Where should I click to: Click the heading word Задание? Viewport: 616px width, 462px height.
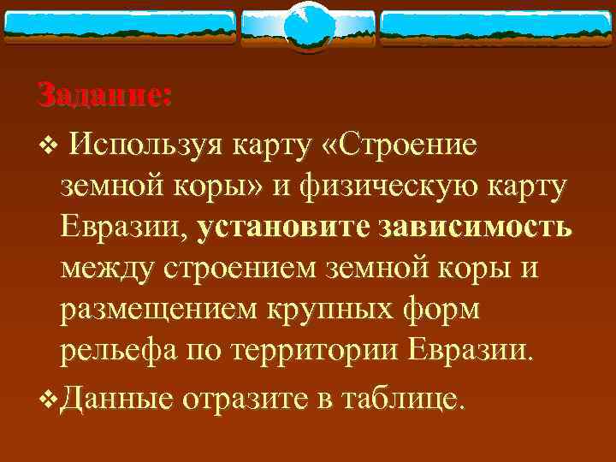click(x=104, y=95)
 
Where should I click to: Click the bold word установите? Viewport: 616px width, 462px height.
click(x=282, y=228)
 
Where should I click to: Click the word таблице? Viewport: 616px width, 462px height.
click(x=404, y=396)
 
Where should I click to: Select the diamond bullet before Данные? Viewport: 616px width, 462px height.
click(x=47, y=397)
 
